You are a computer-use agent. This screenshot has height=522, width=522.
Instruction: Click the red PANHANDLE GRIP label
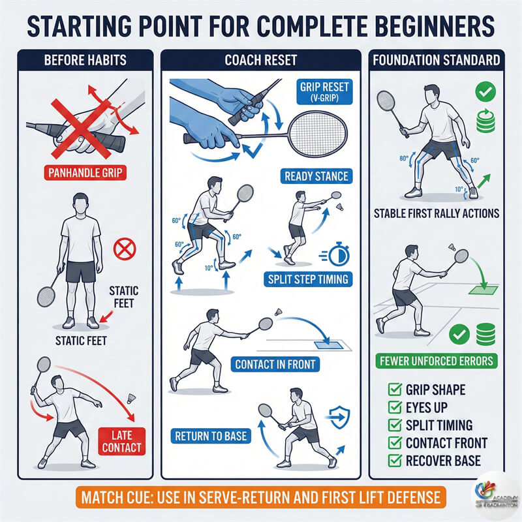(x=85, y=173)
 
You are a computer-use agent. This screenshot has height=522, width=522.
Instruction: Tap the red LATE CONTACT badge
(x=122, y=441)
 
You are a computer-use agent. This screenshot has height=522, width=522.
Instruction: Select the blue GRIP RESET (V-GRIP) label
(x=324, y=92)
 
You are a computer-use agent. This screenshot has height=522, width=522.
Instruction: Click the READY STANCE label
(x=316, y=176)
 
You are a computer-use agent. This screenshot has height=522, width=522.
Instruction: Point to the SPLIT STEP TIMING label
(x=308, y=279)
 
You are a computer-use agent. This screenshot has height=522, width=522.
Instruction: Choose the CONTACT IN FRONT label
(x=275, y=364)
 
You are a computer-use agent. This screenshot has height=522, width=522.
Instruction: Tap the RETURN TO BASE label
(x=211, y=436)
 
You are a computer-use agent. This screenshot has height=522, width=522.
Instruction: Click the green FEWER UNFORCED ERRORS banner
(x=437, y=361)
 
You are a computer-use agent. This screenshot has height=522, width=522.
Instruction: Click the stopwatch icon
(x=339, y=254)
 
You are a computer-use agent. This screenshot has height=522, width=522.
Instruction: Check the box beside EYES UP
(x=395, y=407)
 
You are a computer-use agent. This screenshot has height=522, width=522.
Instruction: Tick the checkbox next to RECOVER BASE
(x=395, y=461)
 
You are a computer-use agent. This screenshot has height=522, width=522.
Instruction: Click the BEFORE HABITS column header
(x=85, y=60)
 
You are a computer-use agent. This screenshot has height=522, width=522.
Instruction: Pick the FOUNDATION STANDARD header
(x=437, y=60)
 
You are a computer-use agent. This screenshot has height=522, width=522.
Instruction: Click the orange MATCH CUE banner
(x=260, y=497)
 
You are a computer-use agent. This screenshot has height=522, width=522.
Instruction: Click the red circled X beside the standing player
(x=125, y=249)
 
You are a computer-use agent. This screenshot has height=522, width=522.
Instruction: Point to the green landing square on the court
(x=484, y=290)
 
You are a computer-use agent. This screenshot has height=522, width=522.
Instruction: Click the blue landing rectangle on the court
(x=329, y=345)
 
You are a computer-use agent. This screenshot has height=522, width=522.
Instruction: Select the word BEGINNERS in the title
(x=435, y=26)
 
